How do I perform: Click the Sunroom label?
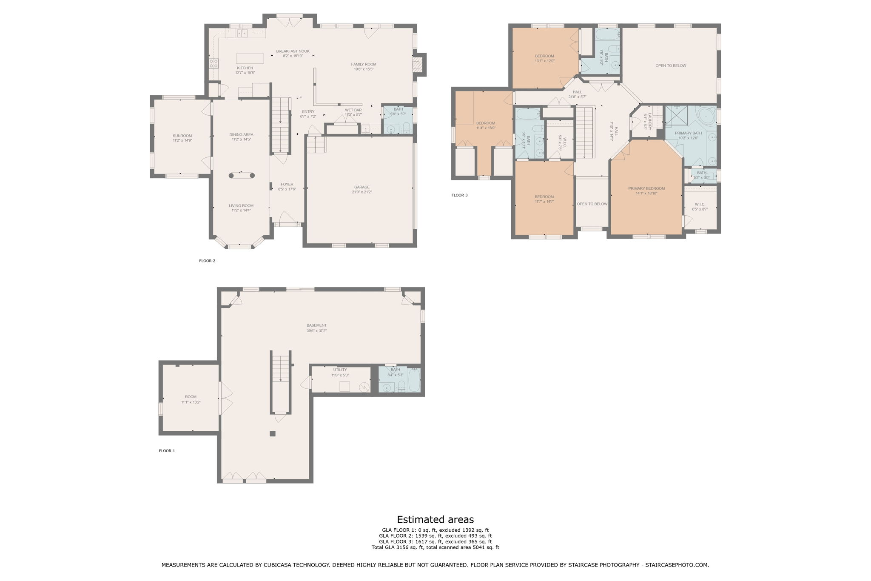182,136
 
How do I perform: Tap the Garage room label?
361,187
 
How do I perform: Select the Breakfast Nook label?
293,51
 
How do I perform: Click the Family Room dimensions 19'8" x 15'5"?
364,69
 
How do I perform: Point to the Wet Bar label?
353,110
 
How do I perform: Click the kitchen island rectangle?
250,59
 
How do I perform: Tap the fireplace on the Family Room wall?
417,65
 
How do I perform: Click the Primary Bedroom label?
646,188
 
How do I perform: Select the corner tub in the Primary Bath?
706,115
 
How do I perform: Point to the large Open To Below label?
670,66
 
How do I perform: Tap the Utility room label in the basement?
340,370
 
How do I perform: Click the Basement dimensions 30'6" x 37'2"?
316,331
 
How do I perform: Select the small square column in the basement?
273,434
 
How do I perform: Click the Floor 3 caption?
459,195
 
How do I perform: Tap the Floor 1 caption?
167,451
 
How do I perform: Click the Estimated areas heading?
435,519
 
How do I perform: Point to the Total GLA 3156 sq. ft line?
435,547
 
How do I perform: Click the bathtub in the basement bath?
414,380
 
